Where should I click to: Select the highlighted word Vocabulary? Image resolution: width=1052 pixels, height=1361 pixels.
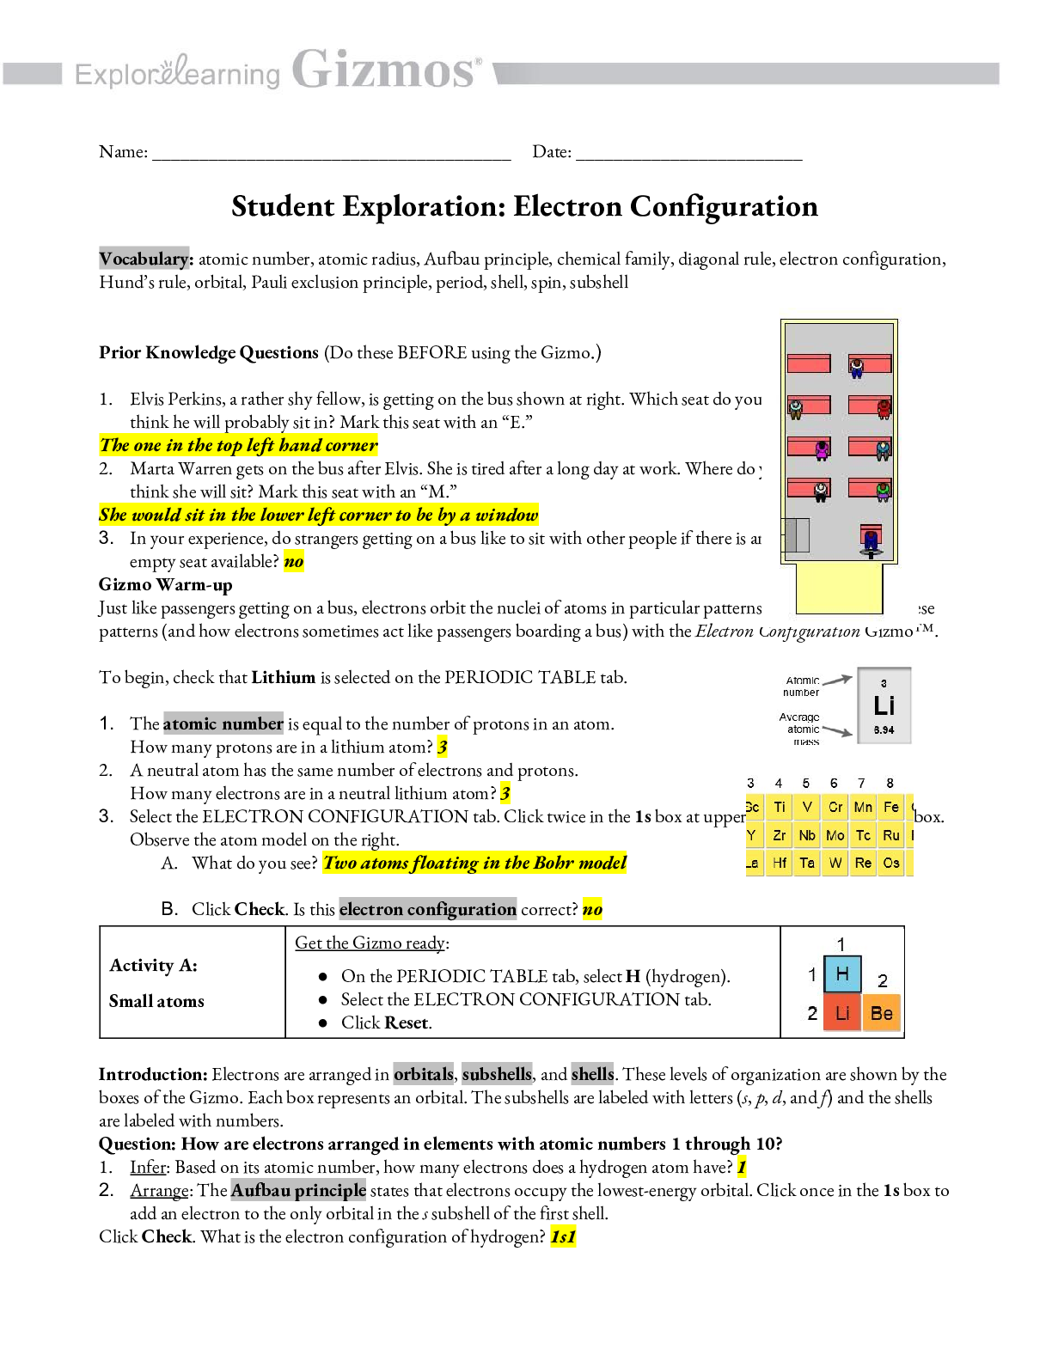coord(144,259)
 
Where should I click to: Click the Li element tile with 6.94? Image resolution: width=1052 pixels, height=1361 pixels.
coord(884,705)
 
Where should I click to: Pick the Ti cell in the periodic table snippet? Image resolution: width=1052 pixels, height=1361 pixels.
coord(780,807)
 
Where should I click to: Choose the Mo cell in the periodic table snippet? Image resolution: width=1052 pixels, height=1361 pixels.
coord(835,835)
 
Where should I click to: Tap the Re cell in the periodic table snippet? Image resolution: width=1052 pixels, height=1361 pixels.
coord(863,863)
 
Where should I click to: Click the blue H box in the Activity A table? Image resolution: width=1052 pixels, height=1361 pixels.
coord(842,974)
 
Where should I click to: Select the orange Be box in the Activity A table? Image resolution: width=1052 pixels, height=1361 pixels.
coord(881,1013)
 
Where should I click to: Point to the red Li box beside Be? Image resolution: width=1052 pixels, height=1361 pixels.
coord(842,1013)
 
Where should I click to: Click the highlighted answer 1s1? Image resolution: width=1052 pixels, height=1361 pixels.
coord(563,1236)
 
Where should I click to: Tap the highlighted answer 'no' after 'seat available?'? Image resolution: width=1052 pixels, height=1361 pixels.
coord(294,562)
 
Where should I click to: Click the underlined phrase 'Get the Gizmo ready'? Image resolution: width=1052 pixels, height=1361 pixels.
coord(370,943)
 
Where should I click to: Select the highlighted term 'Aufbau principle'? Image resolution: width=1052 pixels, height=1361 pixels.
coord(298,1190)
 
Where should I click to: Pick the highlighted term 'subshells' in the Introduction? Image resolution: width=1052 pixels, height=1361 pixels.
coord(497,1074)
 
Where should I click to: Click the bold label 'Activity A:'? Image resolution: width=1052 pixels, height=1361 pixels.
coord(153,965)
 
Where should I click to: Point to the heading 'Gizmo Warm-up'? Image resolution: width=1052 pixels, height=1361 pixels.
coord(165,585)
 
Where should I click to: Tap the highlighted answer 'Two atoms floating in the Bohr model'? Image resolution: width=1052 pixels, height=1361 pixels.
coord(474,863)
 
